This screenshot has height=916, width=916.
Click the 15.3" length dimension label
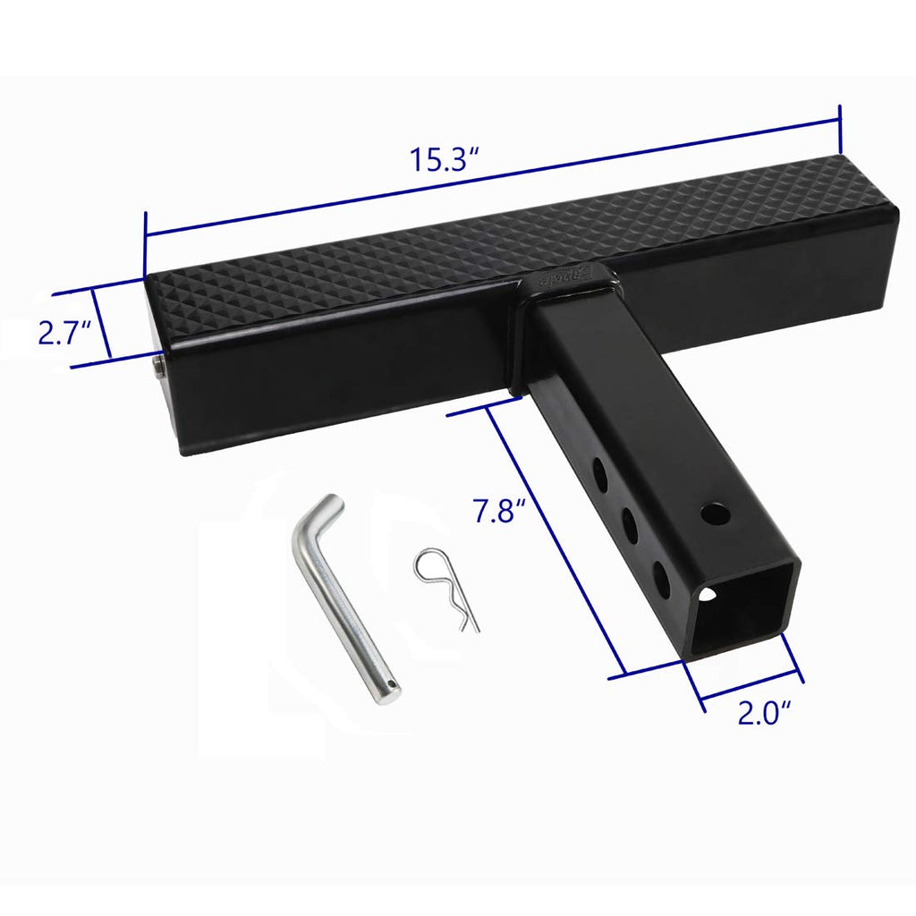pos(445,161)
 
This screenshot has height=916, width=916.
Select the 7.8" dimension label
pos(497,513)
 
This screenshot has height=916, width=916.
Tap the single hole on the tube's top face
pos(715,514)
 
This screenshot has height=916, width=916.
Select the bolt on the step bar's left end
pos(158,368)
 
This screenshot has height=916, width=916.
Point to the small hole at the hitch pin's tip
pos(391,685)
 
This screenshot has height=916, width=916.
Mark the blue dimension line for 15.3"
pos(492,172)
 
